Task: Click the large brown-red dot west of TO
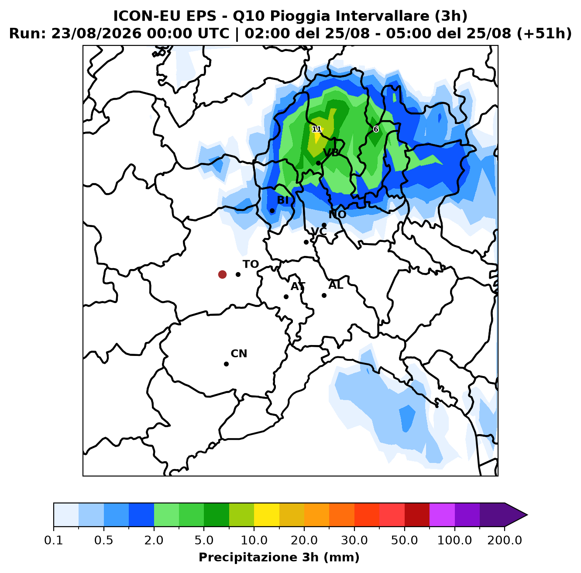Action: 222,274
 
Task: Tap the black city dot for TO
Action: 238,274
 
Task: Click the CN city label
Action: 239,354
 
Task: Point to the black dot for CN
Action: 226,364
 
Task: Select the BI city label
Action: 282,200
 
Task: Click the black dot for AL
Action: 324,295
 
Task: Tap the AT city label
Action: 298,286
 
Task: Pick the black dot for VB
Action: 318,163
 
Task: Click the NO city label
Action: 337,214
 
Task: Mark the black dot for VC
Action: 306,242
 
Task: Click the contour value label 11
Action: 316,129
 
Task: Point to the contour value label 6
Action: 376,129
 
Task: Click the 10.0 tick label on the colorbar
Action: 254,540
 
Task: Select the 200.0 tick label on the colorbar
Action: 505,540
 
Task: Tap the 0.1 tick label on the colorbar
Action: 54,540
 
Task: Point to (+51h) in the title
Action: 544,34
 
